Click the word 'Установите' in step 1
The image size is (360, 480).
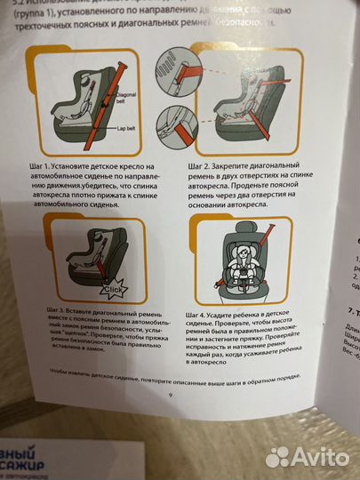[89, 165]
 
